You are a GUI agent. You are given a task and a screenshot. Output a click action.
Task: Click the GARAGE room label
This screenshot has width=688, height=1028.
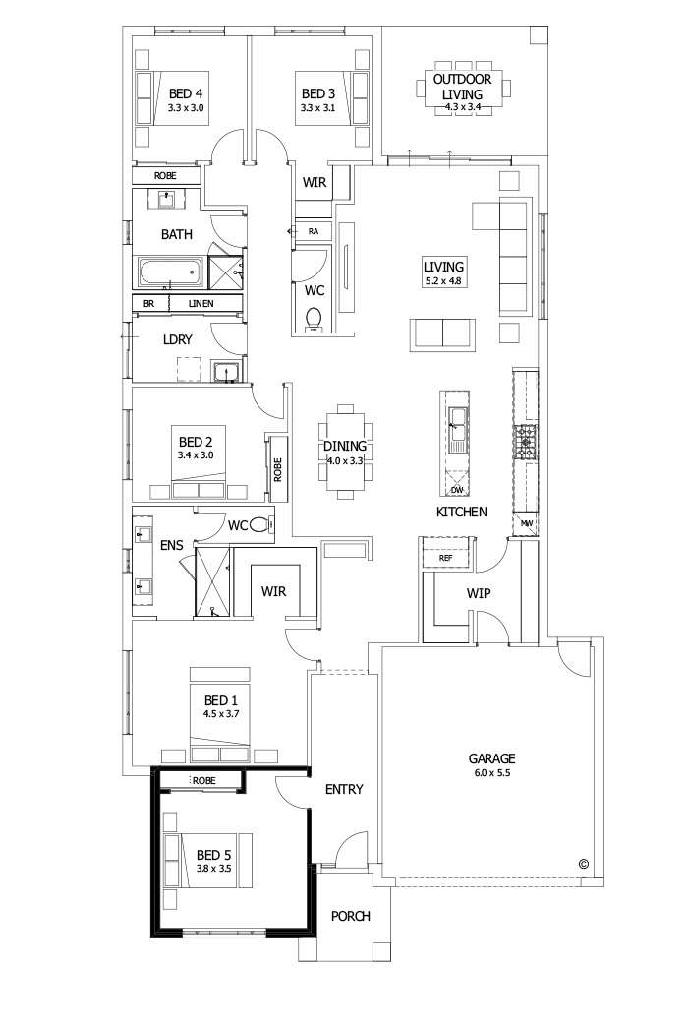click(491, 758)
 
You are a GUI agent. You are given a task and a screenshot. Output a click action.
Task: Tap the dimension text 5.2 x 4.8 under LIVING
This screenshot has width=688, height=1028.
click(443, 280)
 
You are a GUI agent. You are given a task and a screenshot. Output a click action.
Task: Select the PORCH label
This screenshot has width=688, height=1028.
click(351, 916)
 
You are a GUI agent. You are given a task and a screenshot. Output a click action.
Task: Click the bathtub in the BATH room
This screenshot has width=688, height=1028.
click(168, 271)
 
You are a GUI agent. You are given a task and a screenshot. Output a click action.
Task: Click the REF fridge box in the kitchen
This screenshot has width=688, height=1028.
click(445, 558)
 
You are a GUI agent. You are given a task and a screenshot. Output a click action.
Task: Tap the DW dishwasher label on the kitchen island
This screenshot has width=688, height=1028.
click(457, 489)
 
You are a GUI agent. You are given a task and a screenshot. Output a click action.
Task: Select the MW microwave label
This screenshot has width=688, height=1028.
click(527, 523)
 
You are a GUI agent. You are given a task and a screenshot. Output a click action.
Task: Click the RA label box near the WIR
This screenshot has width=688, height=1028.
click(314, 231)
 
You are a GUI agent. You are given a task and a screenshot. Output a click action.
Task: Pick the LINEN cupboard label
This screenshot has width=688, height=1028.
click(201, 304)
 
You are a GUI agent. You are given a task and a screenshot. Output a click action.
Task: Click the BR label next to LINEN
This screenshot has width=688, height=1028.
click(148, 304)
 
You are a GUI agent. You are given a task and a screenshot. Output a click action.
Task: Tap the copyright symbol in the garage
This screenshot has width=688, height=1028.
click(583, 865)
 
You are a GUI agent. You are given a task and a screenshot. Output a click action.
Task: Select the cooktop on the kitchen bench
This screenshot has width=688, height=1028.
click(526, 444)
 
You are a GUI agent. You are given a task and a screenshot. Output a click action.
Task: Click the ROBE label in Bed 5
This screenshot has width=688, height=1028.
click(203, 780)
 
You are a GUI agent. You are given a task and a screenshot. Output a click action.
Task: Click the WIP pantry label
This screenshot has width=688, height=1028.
click(479, 594)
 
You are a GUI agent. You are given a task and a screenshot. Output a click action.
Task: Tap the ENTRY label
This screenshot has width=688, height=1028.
click(344, 789)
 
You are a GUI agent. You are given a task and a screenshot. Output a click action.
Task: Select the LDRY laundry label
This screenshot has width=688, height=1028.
click(176, 339)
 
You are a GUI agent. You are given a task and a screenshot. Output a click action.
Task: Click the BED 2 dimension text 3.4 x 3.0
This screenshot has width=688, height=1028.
click(196, 455)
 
